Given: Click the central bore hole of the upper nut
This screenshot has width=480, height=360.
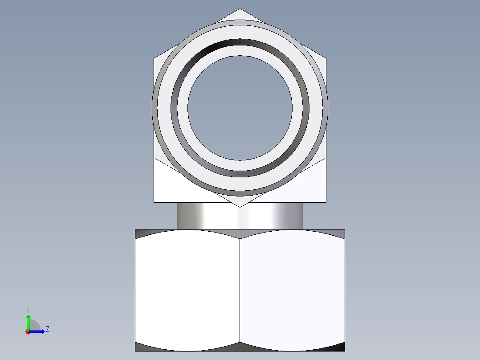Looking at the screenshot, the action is click(240, 108).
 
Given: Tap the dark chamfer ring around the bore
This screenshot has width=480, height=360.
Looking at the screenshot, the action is click(240, 42).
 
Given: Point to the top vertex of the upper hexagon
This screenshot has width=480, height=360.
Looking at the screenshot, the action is click(240, 8).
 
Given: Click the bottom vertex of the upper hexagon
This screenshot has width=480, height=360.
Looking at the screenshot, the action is click(240, 207).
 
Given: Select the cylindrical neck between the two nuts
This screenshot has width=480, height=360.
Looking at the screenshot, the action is click(240, 216).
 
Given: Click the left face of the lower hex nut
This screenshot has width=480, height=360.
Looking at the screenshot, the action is click(187, 290).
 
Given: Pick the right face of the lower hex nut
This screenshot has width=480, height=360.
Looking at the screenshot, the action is click(293, 290).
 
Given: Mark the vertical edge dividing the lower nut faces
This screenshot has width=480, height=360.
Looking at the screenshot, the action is click(240, 290).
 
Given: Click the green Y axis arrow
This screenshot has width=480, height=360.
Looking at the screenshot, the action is click(28, 323).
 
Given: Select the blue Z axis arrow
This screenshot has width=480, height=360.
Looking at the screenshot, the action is click(37, 331).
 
